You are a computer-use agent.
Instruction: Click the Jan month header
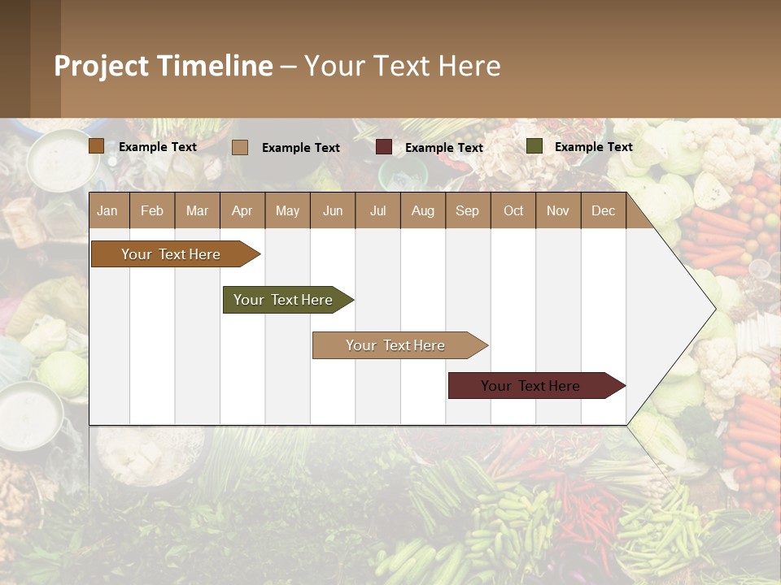point(107,210)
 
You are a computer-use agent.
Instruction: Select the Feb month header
point(152,210)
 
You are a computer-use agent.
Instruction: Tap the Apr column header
point(242,210)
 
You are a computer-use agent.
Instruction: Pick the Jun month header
point(333,210)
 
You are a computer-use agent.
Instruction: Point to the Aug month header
point(422,210)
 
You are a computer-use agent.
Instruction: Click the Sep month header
point(467,210)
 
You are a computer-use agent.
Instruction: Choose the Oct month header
point(513,210)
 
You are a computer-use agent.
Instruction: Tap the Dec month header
point(603,210)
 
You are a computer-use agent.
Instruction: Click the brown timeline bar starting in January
point(171,254)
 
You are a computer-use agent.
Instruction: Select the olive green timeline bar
point(283,300)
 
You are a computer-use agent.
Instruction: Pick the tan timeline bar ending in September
point(395,345)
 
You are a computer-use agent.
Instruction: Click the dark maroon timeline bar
point(530,386)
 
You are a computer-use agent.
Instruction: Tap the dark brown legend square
point(97,146)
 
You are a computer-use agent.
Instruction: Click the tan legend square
point(240,147)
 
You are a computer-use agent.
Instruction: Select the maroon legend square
point(384,147)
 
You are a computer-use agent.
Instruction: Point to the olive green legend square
point(534,146)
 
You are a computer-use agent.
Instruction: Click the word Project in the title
point(101,66)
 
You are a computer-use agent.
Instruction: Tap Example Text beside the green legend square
point(593,147)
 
